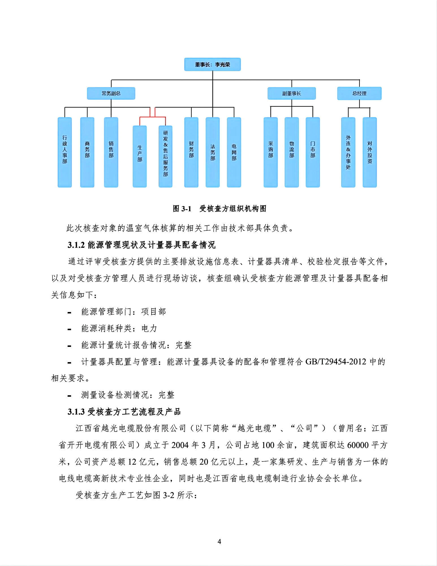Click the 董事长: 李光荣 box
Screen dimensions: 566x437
pyautogui.click(x=212, y=65)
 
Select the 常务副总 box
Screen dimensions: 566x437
pyautogui.click(x=111, y=93)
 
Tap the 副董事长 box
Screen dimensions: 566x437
pyautogui.click(x=292, y=93)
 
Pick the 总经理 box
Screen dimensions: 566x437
pyautogui.click(x=359, y=93)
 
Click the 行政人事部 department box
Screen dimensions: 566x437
pyautogui.click(x=65, y=152)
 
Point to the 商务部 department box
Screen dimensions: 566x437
pyautogui.click(x=87, y=152)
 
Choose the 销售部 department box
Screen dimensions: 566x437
pyautogui.click(x=111, y=152)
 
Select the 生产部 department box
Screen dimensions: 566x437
pyautogui.click(x=140, y=156)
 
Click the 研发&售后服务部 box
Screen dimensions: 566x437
pyautogui.click(x=165, y=156)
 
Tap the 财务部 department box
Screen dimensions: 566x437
pyautogui.click(x=191, y=152)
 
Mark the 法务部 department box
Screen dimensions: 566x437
pyautogui.click(x=213, y=152)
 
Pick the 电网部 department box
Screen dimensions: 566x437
pyautogui.click(x=234, y=152)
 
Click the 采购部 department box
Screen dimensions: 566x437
pyautogui.click(x=271, y=152)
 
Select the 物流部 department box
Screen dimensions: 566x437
pyautogui.click(x=292, y=152)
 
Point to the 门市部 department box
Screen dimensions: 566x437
pyautogui.click(x=313, y=152)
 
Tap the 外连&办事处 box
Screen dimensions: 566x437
pyautogui.click(x=348, y=152)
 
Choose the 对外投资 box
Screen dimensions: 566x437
pyautogui.click(x=370, y=152)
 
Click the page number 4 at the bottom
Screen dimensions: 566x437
pyautogui.click(x=219, y=542)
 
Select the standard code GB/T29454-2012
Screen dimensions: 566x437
pyautogui.click(x=336, y=362)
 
